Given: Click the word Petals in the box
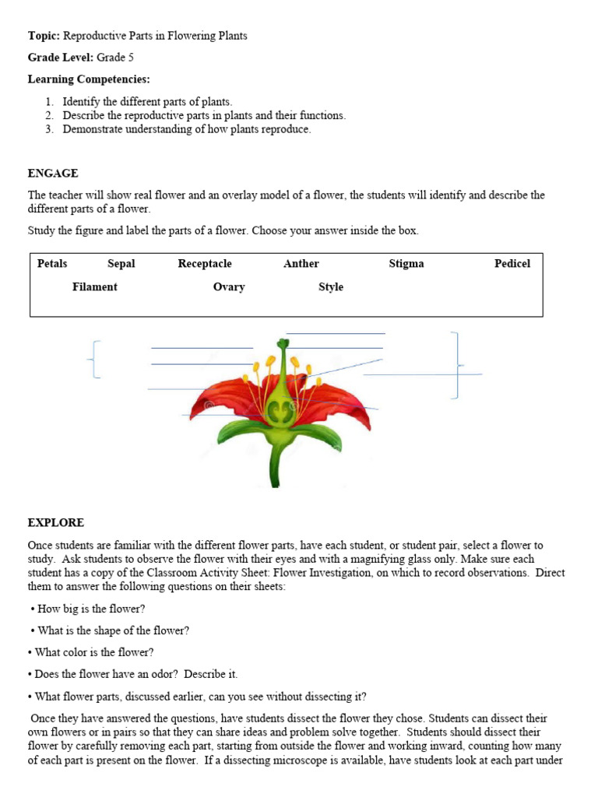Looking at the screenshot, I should click(x=52, y=264).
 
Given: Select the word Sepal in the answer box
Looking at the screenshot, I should click(x=121, y=264).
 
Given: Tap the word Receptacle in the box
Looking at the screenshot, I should click(x=205, y=264).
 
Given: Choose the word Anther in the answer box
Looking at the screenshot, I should click(x=301, y=264).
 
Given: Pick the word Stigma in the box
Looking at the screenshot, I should click(x=406, y=264).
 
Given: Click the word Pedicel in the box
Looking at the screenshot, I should click(x=512, y=264).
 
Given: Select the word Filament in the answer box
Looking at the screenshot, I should click(x=95, y=287).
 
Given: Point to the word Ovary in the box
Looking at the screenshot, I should click(x=229, y=287).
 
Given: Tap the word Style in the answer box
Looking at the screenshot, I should click(x=331, y=287).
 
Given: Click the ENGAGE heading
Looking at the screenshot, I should click(x=53, y=174).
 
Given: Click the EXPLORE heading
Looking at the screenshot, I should click(x=56, y=522).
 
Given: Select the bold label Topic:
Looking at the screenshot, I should click(x=44, y=36).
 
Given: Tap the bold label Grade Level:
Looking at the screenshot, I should click(x=61, y=58).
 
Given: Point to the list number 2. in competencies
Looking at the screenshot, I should click(x=50, y=115).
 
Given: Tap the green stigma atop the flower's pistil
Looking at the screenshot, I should click(x=283, y=343).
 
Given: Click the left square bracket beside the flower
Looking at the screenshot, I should click(x=95, y=360).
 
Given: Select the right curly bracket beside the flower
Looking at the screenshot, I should click(x=457, y=364).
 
